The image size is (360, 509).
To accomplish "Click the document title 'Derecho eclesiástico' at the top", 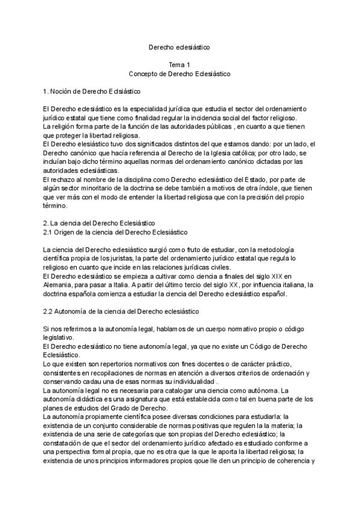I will click(179, 46).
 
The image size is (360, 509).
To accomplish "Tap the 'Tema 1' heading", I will click(180, 64).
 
